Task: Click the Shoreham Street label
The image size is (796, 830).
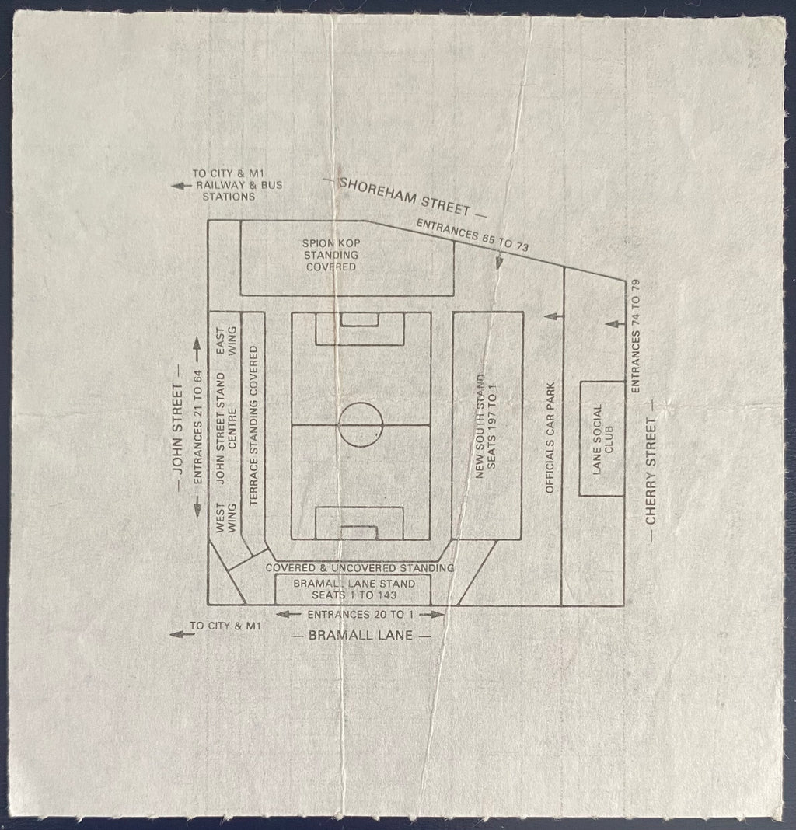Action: coord(404,197)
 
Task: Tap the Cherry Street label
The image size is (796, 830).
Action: coord(651,471)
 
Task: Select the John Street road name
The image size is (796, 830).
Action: coord(177,429)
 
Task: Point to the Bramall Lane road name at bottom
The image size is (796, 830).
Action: coord(360,635)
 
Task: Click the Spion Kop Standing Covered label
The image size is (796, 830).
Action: coord(331,255)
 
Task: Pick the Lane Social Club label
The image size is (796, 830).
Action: coord(602,439)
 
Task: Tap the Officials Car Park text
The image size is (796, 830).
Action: coord(550,438)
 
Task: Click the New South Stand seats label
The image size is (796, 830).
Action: coord(486,426)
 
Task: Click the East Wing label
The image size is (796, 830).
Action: coord(225,341)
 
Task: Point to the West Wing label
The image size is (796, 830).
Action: coord(225,518)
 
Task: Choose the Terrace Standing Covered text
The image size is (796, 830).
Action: coord(253,426)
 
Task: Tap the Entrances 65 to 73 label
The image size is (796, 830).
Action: coord(473,235)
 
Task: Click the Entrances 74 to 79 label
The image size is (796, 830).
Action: coord(636,337)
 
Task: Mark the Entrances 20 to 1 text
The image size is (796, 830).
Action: coord(360,615)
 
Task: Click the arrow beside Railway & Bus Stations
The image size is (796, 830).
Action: coord(181,186)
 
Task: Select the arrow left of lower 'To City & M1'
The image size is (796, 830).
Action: coord(180,633)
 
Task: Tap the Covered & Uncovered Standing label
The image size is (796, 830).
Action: coord(360,568)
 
